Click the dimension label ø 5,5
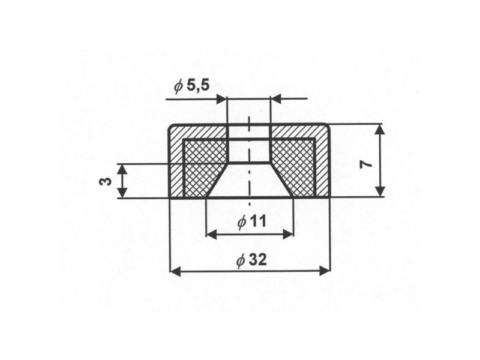pyautogui.click(x=192, y=86)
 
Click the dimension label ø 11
pyautogui.click(x=252, y=221)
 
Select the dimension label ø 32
pyautogui.click(x=251, y=260)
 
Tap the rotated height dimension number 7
pyautogui.click(x=367, y=164)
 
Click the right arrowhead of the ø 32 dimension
pyautogui.click(x=325, y=271)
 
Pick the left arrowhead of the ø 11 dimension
pyautogui.click(x=212, y=235)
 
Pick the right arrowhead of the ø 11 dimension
pyautogui.click(x=289, y=235)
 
